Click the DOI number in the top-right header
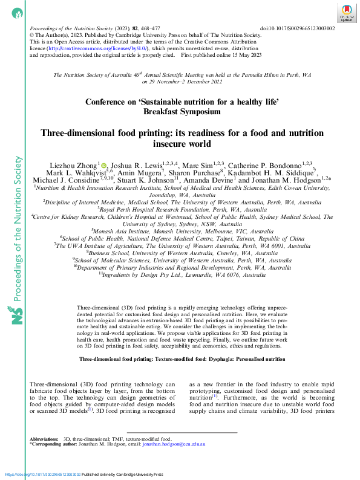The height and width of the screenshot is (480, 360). (x=306, y=28)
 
